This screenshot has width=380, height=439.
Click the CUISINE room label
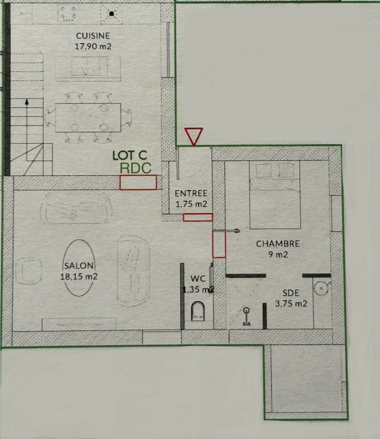click(x=93, y=36)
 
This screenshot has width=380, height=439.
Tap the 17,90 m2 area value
click(x=93, y=46)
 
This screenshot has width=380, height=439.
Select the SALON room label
click(x=79, y=265)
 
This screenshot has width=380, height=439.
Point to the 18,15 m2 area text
click(x=79, y=276)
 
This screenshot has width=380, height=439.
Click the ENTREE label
click(x=191, y=193)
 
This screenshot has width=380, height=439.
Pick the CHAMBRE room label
click(x=278, y=243)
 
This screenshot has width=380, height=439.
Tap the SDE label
click(x=290, y=293)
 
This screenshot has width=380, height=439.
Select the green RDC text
click(x=136, y=168)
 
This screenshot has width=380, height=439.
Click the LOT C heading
click(x=130, y=155)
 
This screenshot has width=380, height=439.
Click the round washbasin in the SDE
click(x=321, y=288)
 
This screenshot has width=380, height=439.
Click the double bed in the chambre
click(x=275, y=195)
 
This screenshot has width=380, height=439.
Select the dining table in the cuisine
click(x=88, y=117)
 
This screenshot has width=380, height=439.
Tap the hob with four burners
click(x=68, y=13)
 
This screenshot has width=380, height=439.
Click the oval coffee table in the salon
click(x=79, y=267)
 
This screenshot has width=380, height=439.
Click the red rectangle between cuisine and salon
click(x=138, y=182)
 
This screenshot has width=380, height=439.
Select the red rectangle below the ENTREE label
click(x=198, y=217)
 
